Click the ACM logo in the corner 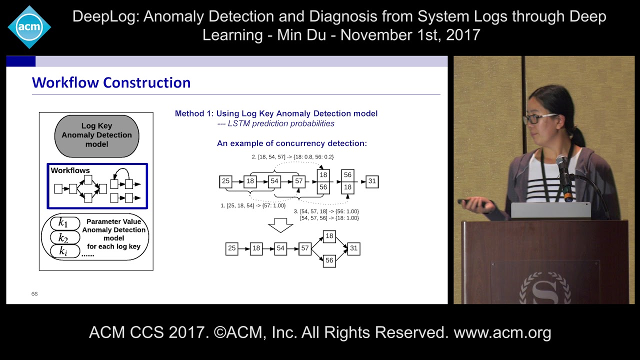29,27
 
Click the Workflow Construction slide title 111,82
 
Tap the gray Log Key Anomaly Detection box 96,135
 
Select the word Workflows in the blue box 70,170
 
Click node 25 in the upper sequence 225,181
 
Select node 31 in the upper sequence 371,181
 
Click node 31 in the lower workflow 353,248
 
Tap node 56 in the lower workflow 329,260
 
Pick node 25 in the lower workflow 231,248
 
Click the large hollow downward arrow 280,225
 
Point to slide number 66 34,294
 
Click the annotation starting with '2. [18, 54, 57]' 292,157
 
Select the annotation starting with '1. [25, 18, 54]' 253,205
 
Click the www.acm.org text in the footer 502,332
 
